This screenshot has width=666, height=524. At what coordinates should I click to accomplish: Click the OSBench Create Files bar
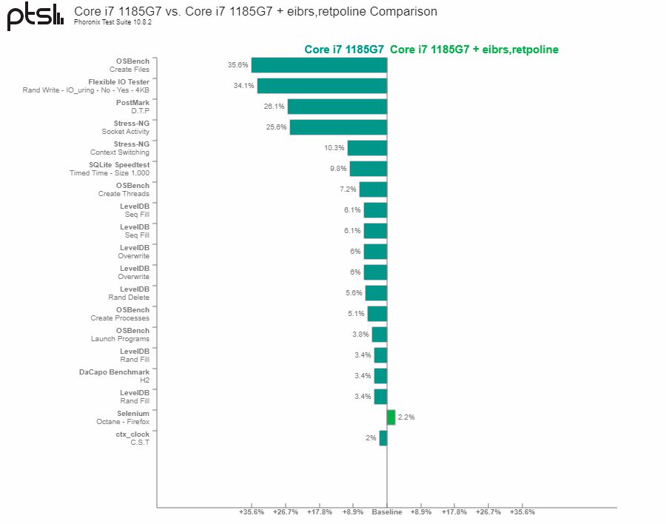319,65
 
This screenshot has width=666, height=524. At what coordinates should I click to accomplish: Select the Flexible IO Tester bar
322,86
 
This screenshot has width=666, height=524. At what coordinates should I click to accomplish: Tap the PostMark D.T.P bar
337,107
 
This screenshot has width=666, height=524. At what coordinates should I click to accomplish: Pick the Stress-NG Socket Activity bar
338,127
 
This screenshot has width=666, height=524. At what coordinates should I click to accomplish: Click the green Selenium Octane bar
391,417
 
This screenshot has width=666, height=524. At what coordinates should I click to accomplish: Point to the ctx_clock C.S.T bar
383,438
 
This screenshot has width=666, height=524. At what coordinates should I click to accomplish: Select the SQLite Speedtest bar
369,169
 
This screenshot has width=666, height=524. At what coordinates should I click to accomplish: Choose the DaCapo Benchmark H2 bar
380,376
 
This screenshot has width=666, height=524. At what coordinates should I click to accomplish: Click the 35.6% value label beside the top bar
238,65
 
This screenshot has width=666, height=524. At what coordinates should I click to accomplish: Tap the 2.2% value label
406,417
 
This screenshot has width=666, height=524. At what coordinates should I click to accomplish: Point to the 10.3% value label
334,148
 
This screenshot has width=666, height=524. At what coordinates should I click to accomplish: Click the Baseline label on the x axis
386,512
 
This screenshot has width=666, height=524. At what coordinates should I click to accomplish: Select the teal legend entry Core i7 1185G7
344,50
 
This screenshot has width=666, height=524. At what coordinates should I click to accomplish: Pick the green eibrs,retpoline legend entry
474,50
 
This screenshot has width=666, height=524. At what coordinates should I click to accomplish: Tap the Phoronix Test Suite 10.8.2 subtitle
112,22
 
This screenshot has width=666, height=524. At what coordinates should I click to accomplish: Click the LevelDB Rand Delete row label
129,293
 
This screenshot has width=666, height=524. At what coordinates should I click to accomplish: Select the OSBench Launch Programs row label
120,335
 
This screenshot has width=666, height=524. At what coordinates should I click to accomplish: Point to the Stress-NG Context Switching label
120,148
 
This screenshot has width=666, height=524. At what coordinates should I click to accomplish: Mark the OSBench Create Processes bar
377,314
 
